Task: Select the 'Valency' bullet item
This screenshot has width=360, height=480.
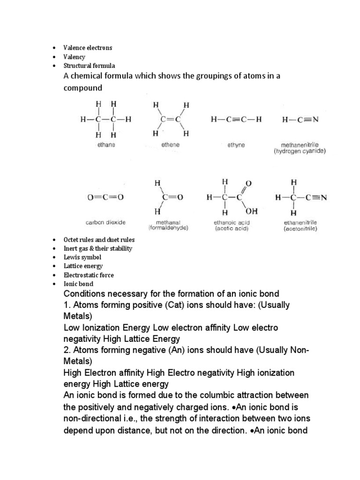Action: pyautogui.click(x=75, y=57)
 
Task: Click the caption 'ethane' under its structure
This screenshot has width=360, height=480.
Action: pyautogui.click(x=106, y=145)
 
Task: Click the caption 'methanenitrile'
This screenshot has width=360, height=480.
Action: pyautogui.click(x=300, y=145)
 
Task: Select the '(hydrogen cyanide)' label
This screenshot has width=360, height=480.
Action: pyautogui.click(x=300, y=152)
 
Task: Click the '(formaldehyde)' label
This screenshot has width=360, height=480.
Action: pyautogui.click(x=168, y=228)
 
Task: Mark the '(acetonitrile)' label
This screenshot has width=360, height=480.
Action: pyautogui.click(x=300, y=228)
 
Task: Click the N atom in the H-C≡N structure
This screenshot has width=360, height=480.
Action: pyautogui.click(x=315, y=120)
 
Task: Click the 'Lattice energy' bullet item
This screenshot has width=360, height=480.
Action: pyautogui.click(x=83, y=266)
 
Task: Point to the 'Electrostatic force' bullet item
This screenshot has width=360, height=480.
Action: pyautogui.click(x=89, y=275)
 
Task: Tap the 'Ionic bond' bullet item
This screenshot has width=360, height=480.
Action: pyautogui.click(x=79, y=284)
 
